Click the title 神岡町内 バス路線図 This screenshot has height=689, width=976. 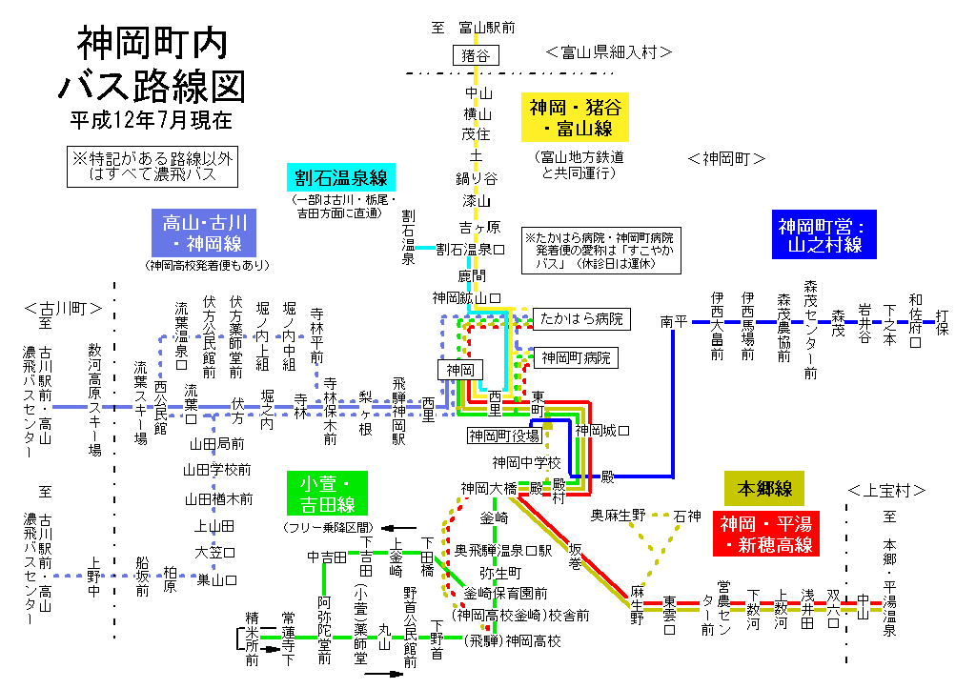pos(152,65)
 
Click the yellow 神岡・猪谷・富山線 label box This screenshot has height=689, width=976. pos(572,117)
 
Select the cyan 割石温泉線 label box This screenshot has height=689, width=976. pos(339,178)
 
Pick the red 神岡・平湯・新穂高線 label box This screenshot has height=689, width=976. pos(766,534)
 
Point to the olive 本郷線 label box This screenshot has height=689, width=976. pos(764,489)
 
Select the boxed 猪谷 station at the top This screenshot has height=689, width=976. pos(475,55)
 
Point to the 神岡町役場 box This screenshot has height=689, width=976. pos(504,436)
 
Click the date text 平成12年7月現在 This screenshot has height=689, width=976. pos(152,121)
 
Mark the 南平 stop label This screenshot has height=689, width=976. pos(673,323)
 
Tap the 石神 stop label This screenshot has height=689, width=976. pos(686,516)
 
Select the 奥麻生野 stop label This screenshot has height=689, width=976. pos(619,516)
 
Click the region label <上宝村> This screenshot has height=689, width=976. pos(886,491)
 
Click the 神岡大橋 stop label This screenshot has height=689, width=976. pos(488,488)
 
